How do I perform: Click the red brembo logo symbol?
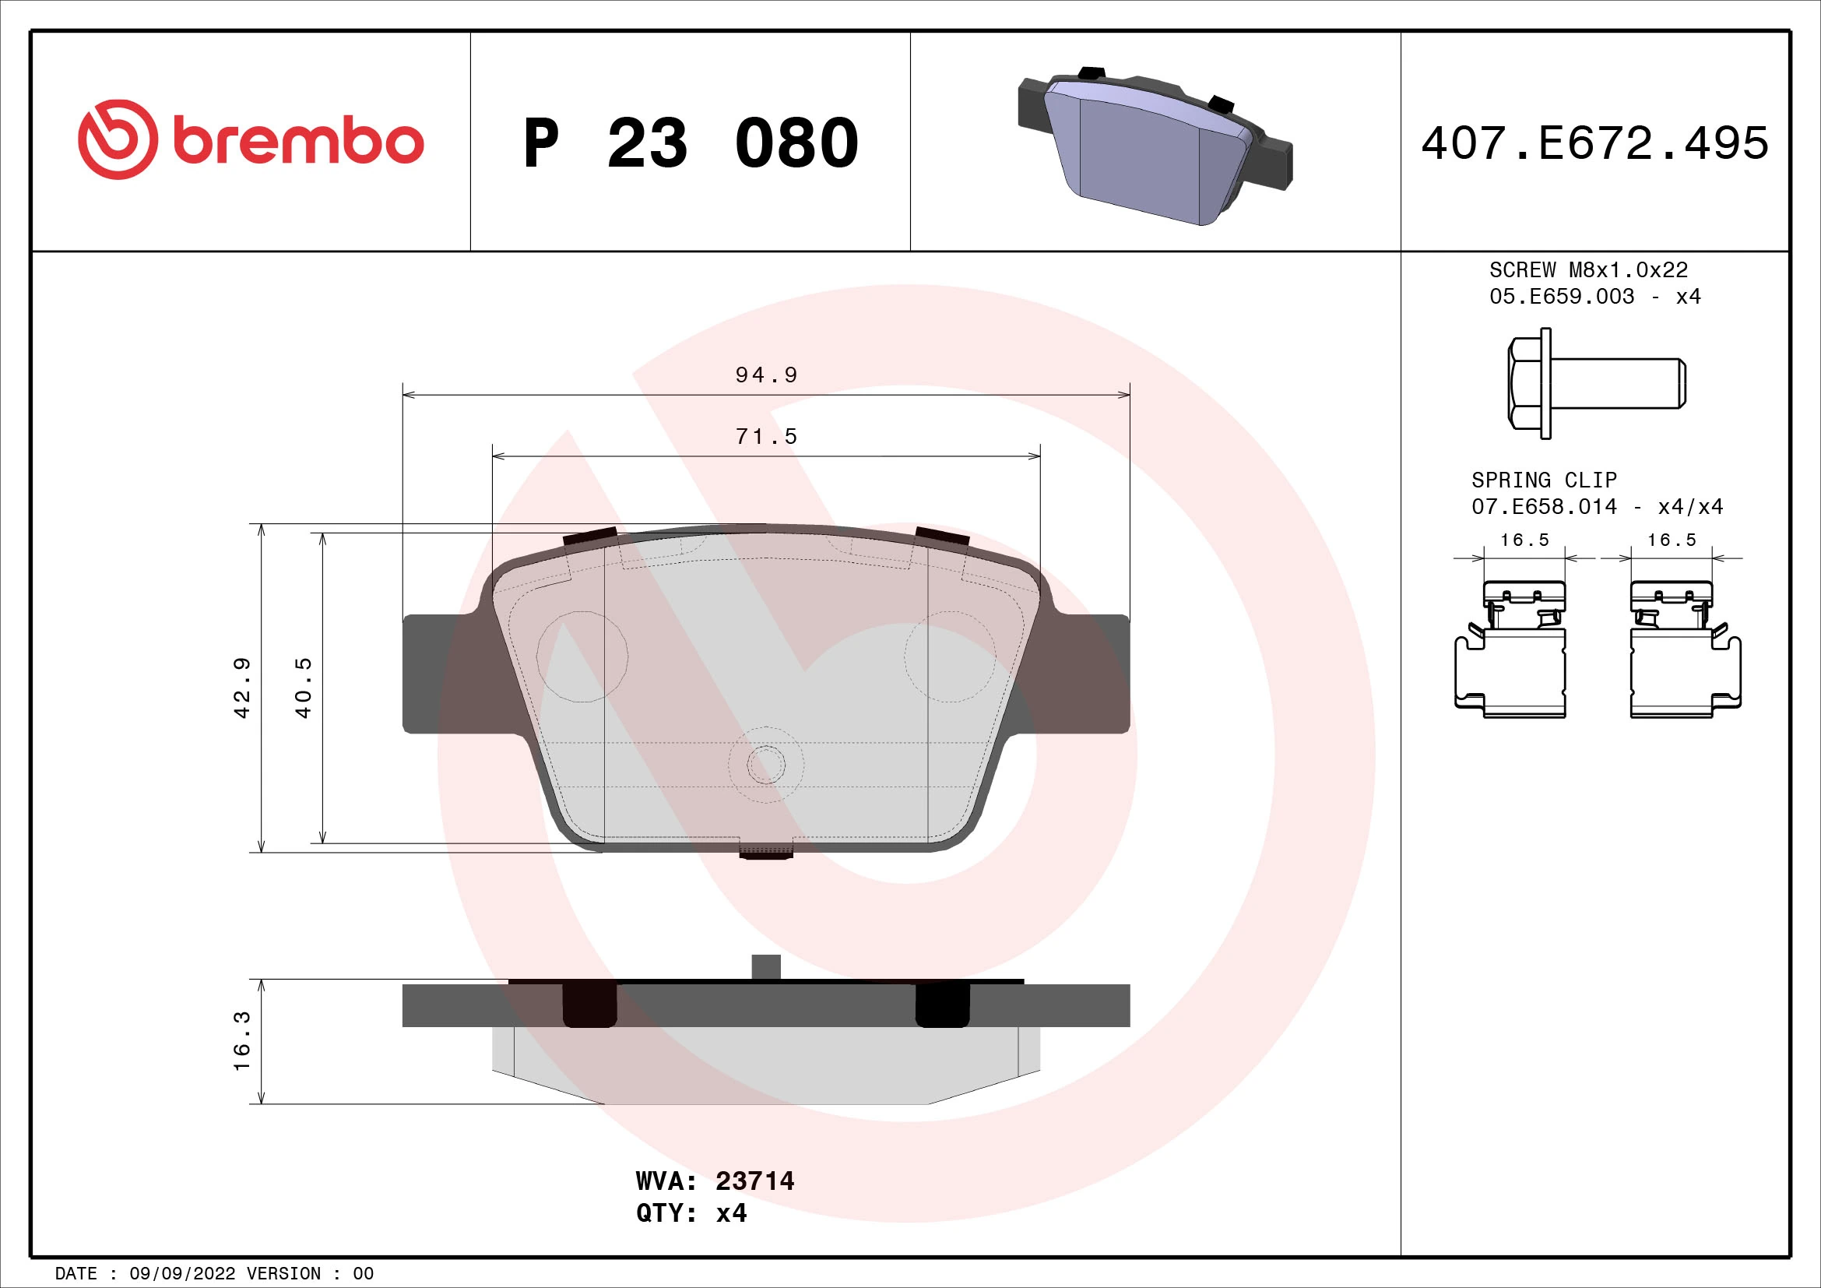[x=118, y=139]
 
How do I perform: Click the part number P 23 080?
[x=690, y=143]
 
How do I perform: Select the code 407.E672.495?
[x=1594, y=143]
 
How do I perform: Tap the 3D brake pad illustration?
[x=1154, y=146]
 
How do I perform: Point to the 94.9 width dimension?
[x=765, y=375]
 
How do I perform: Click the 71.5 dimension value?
[x=765, y=437]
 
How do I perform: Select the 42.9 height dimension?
[x=242, y=688]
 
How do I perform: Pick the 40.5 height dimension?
[x=303, y=688]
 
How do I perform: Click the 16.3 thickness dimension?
[x=242, y=1040]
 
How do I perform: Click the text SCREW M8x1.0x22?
[x=1587, y=270]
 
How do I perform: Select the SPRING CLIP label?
[x=1543, y=480]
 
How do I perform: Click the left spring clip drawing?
[x=1511, y=650]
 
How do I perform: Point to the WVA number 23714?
[x=754, y=1181]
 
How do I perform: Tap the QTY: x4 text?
[x=691, y=1213]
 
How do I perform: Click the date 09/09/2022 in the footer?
[x=181, y=1274]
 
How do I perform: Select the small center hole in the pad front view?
[x=766, y=765]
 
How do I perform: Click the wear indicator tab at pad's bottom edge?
[x=766, y=850]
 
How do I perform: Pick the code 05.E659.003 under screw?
[x=1561, y=297]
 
